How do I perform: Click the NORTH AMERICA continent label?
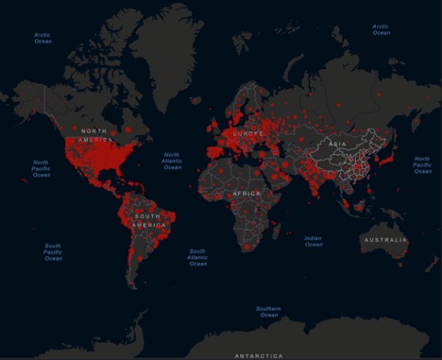99,135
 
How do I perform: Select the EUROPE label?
242,134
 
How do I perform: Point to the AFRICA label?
246,193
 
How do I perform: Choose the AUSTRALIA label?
382,240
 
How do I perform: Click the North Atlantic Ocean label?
172,162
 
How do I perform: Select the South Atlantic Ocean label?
197,256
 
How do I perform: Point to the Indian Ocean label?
314,241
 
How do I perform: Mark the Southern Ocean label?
269,311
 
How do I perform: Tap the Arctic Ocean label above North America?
43,37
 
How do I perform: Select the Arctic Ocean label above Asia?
381,29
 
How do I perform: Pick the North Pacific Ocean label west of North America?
42,167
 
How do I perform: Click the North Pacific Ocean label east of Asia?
422,165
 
